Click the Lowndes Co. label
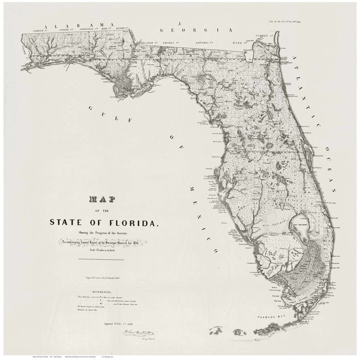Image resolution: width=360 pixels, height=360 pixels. tap(204, 43)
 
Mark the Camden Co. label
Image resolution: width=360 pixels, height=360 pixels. tap(265, 35)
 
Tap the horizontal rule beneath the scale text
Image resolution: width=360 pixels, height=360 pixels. tap(101, 259)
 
